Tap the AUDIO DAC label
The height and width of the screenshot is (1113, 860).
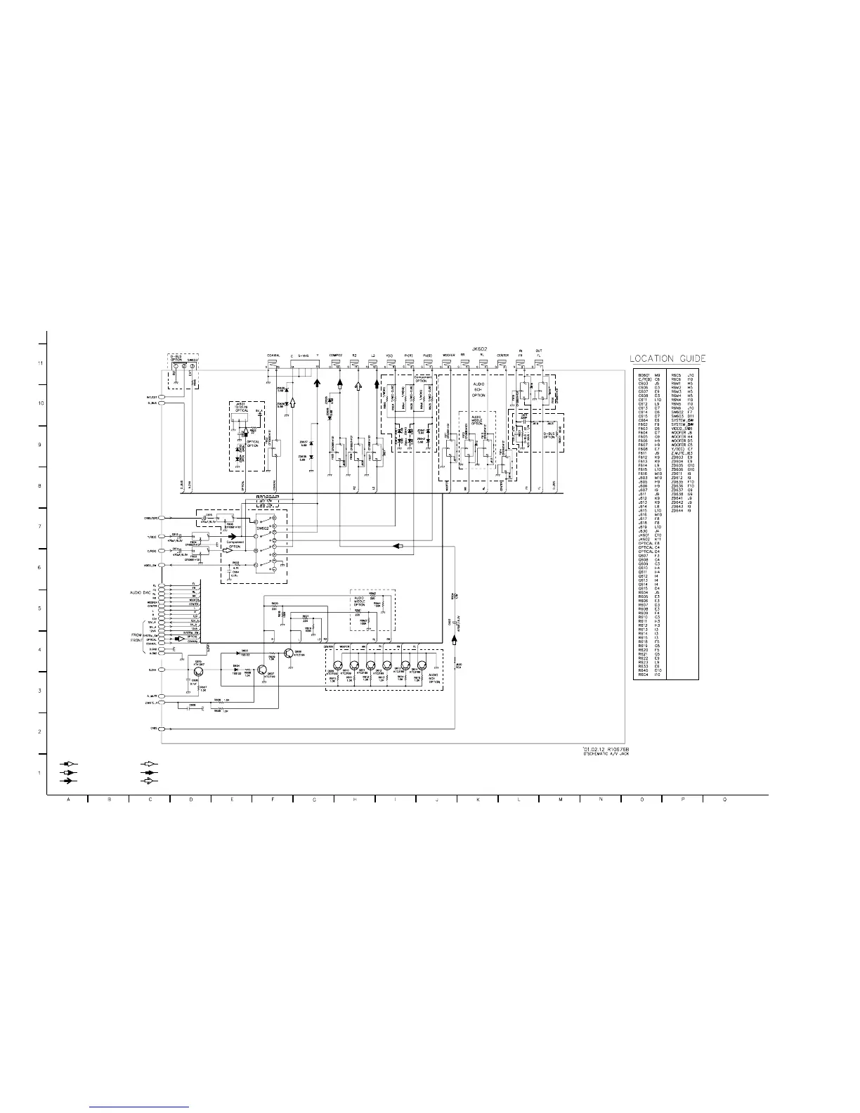pos(141,592)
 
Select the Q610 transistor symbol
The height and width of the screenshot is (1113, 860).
pos(198,670)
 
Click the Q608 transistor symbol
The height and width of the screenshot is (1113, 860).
pos(290,653)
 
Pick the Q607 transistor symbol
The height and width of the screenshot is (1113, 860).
pos(261,670)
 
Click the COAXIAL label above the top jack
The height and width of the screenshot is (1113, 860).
pos(274,356)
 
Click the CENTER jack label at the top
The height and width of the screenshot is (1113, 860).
pos(503,356)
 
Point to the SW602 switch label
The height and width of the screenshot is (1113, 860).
pos(262,527)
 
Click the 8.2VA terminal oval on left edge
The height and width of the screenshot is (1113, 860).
pos(162,670)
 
